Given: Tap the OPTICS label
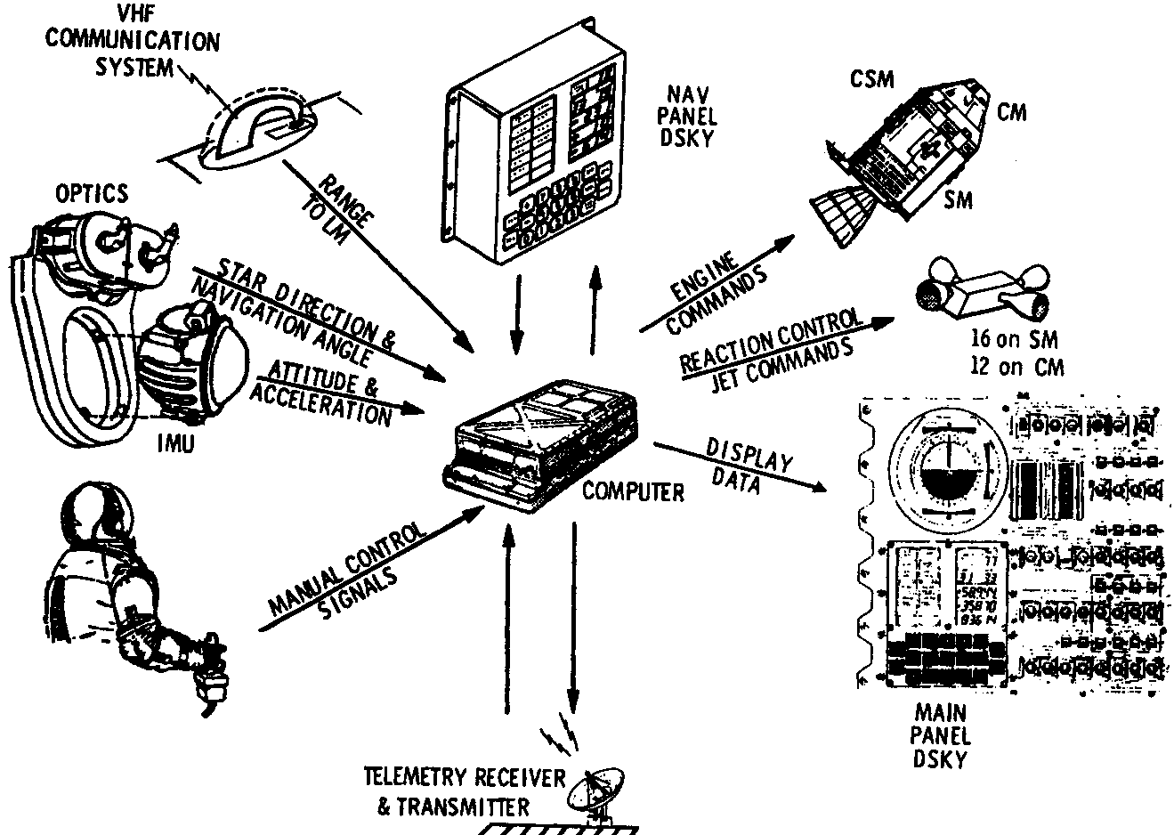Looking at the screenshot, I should pyautogui.click(x=91, y=192).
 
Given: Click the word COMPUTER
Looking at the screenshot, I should pyautogui.click(x=633, y=490).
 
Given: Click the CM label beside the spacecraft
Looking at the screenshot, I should pyautogui.click(x=1011, y=111).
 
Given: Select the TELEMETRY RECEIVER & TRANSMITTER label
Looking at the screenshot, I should pyautogui.click(x=464, y=791).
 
